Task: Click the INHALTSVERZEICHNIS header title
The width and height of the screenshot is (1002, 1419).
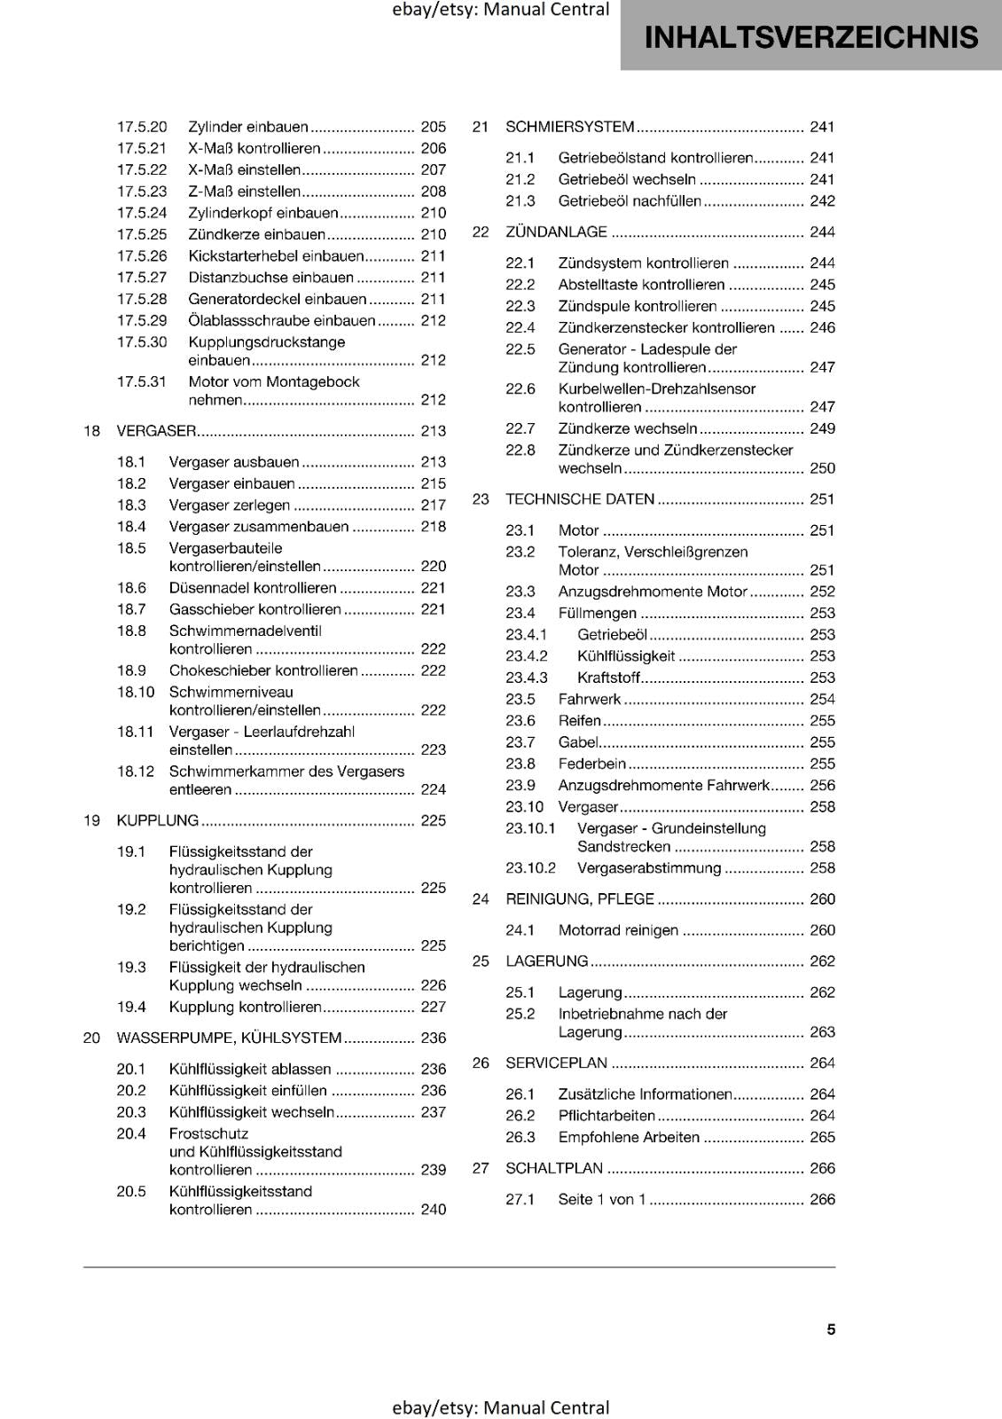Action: pyautogui.click(x=810, y=37)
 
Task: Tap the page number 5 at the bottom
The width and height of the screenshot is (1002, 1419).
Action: pyautogui.click(x=831, y=1329)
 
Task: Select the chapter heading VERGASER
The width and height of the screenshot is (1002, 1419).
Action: pyautogui.click(x=156, y=431)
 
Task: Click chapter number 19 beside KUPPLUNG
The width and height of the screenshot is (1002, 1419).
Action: pyautogui.click(x=91, y=820)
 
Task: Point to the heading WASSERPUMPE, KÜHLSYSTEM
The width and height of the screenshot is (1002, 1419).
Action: pyautogui.click(x=229, y=1038)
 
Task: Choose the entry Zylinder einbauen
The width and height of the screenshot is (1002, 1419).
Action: pyautogui.click(x=248, y=127)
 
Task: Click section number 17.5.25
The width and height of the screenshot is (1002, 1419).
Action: pyautogui.click(x=142, y=234)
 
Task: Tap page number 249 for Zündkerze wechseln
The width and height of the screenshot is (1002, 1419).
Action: pyautogui.click(x=822, y=428)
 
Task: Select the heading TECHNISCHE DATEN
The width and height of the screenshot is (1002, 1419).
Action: pyautogui.click(x=580, y=499)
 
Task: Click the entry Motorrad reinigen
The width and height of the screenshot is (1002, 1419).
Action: pyautogui.click(x=618, y=930)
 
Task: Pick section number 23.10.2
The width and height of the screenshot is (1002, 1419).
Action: pyautogui.click(x=530, y=868)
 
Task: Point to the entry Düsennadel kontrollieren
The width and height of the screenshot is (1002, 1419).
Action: pyautogui.click(x=253, y=588)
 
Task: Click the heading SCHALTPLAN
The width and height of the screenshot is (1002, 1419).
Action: pyautogui.click(x=554, y=1168)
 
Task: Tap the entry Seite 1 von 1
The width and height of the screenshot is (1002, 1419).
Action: pyautogui.click(x=601, y=1199)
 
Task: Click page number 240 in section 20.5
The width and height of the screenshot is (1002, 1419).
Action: pyautogui.click(x=433, y=1210)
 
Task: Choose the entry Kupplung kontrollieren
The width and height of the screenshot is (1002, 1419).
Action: pyautogui.click(x=245, y=1007)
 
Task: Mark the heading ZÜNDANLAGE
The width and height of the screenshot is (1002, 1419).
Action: pyautogui.click(x=556, y=231)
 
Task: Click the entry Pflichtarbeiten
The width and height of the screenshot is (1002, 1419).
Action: pyautogui.click(x=607, y=1116)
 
